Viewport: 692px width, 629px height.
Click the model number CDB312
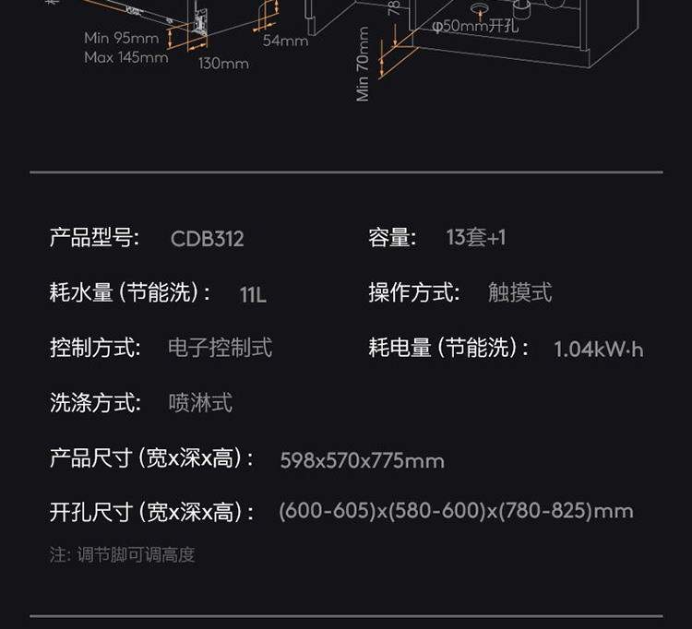coord(208,239)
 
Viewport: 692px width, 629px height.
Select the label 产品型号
coord(94,238)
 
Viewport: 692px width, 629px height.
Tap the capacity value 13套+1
coord(476,238)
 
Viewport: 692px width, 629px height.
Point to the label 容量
coord(392,238)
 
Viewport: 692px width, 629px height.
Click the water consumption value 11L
coord(253,295)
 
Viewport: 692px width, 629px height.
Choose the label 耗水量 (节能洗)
coord(130,293)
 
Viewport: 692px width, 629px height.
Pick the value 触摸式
coord(519,293)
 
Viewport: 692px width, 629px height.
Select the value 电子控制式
coord(221,348)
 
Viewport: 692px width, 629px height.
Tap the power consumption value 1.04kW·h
coord(599,350)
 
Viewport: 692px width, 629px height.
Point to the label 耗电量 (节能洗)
coord(449,348)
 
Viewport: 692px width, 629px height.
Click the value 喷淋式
coord(200,403)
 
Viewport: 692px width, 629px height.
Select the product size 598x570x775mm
coord(362,460)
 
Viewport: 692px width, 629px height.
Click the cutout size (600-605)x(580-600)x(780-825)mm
coord(456,511)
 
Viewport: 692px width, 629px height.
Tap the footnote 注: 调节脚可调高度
coord(123,555)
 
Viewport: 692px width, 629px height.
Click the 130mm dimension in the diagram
coord(223,64)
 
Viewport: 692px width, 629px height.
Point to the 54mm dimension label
coord(285,41)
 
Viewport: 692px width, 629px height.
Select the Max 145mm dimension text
coord(126,57)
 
